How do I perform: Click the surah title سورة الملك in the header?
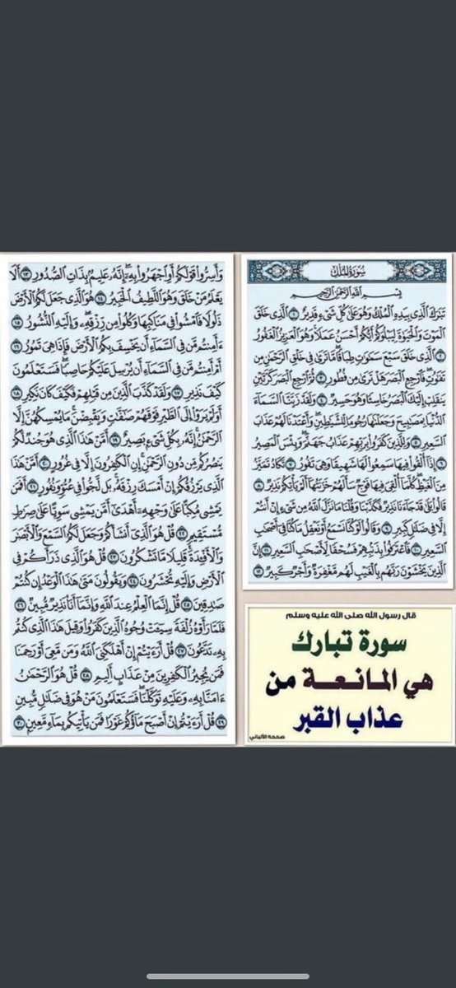coord(348,270)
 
